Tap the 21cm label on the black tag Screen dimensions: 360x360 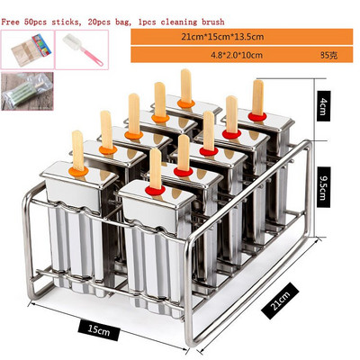[280, 301]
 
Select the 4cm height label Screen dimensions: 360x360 [323, 106]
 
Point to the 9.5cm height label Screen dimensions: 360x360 [323, 187]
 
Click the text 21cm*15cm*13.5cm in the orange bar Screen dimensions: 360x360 [222, 37]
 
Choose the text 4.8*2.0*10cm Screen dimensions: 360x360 [237, 55]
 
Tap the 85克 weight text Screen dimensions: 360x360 [328, 56]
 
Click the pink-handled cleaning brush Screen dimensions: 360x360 [83, 49]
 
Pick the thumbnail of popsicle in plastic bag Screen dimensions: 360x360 [27, 91]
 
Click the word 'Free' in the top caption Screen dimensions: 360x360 [11, 22]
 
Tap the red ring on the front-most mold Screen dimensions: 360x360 [155, 191]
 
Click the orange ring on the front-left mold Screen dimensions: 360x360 [78, 172]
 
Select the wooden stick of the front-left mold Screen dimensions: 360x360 [78, 150]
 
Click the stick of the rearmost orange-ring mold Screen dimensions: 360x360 [186, 85]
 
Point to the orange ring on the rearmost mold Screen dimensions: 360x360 [186, 103]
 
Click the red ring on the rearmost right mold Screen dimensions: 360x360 [257, 117]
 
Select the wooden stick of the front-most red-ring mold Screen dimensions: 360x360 [156, 169]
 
